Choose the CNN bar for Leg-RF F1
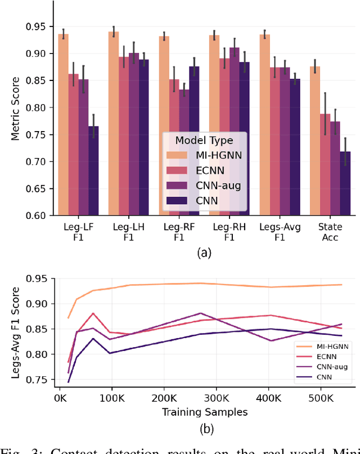click(x=195, y=141)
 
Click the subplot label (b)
click(x=206, y=430)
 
